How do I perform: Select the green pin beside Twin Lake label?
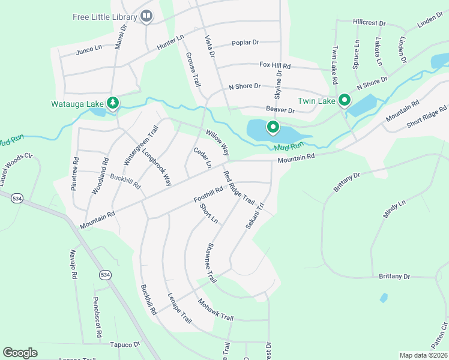click(x=344, y=100)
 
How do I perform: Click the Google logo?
click(x=20, y=353)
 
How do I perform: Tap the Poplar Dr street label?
click(x=246, y=43)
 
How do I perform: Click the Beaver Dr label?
click(x=280, y=110)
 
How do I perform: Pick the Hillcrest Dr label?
click(x=369, y=22)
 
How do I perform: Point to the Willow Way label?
click(x=217, y=142)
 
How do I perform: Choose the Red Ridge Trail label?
click(x=239, y=187)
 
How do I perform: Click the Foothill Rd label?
click(x=209, y=194)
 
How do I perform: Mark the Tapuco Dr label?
click(x=125, y=344)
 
